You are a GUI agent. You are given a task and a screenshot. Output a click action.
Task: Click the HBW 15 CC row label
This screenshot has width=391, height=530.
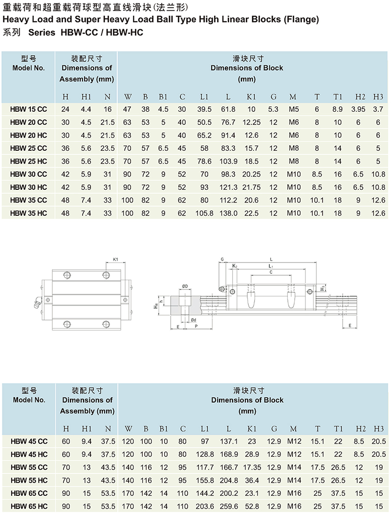pyautogui.click(x=28, y=109)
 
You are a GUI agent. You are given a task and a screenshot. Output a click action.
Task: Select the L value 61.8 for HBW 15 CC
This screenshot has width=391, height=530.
pyautogui.click(x=228, y=109)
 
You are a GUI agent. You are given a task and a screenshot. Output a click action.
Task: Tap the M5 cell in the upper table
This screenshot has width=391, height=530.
pyautogui.click(x=294, y=109)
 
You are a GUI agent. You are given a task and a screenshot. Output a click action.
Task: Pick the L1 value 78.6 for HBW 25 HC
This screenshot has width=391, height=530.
pyautogui.click(x=204, y=161)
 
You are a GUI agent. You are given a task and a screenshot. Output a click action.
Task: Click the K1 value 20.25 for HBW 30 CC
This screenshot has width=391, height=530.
pyautogui.click(x=252, y=174)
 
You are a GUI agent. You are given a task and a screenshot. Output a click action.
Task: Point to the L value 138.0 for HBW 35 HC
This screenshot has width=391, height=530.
pyautogui.click(x=229, y=213)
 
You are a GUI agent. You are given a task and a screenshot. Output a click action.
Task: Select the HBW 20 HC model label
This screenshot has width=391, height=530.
pyautogui.click(x=28, y=135)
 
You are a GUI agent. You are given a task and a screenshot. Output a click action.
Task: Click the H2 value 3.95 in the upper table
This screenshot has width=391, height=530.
pyautogui.click(x=358, y=109)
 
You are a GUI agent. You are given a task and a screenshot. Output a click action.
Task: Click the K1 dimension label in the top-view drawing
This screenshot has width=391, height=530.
pyautogui.click(x=115, y=260)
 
